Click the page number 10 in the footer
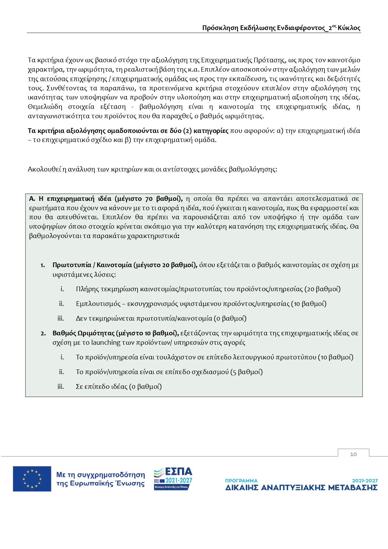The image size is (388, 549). tap(353, 454)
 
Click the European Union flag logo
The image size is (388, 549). tap(32, 479)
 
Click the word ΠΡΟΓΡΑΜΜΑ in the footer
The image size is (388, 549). tap(241, 480)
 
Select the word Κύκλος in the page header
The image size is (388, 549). tap(349, 28)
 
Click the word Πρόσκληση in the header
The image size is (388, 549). tap(220, 28)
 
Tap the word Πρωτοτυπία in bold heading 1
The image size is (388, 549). tap(72, 265)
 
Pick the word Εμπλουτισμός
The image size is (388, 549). tap(98, 304)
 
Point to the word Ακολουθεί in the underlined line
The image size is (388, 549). tap(44, 169)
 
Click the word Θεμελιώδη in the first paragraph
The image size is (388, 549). tap(45, 107)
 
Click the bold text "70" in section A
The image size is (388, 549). tap(149, 199)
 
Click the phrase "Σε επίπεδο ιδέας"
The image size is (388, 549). tap(102, 387)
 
